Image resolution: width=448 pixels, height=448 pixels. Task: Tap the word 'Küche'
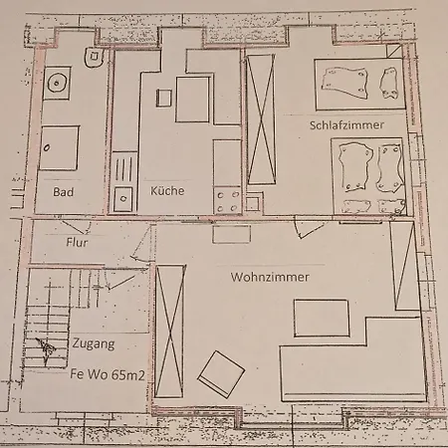tap(167, 190)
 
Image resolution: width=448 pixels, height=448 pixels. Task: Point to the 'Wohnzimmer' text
tap(269, 277)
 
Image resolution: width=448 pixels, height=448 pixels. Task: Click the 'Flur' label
tap(77, 242)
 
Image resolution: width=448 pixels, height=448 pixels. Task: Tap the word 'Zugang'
tap(93, 344)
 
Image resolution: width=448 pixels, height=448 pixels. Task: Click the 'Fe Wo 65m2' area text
tap(107, 375)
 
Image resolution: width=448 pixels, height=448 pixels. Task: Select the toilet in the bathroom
tap(93, 58)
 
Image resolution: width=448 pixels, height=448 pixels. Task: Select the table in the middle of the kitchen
tap(192, 100)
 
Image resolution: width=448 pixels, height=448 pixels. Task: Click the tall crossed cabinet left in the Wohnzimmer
tap(170, 331)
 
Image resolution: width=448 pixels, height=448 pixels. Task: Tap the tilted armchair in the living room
tap(221, 375)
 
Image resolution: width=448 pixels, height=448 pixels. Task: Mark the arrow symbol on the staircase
tap(45, 348)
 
